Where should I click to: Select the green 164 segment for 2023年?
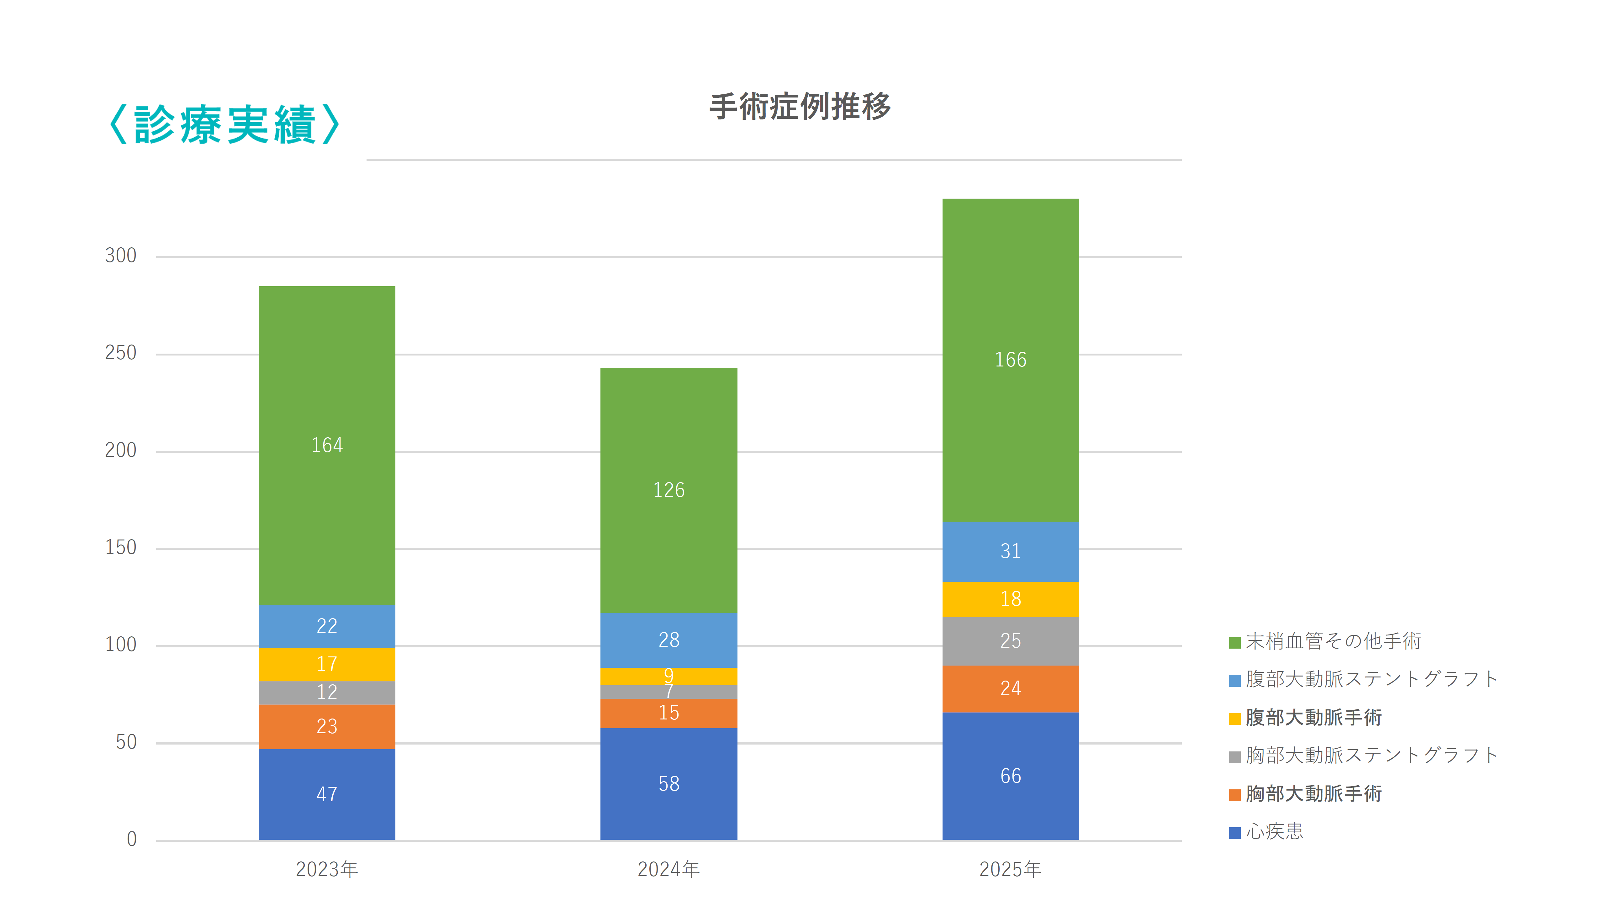click(x=327, y=445)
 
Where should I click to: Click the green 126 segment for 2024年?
click(x=668, y=490)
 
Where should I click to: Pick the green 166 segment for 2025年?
click(x=1010, y=360)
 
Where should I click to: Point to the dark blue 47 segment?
click(x=327, y=794)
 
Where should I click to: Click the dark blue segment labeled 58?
click(x=668, y=783)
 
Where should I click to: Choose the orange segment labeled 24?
click(x=1010, y=688)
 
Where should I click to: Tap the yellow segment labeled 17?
click(x=327, y=664)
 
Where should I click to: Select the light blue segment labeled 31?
click(x=1010, y=551)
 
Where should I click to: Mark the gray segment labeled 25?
click(x=1010, y=641)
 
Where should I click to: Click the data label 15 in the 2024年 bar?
click(x=668, y=713)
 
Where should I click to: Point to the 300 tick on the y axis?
click(x=121, y=256)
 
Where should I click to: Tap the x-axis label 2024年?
click(x=668, y=869)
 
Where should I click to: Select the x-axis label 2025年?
click(x=1010, y=869)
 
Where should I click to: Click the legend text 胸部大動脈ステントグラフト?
click(x=1371, y=756)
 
